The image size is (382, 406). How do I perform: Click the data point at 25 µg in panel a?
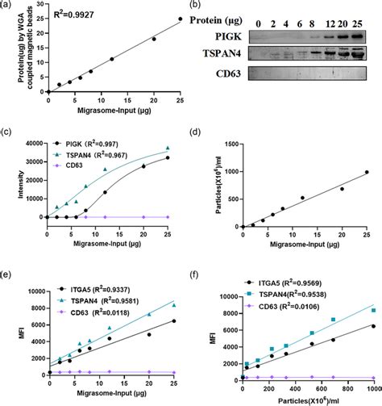pos(180,19)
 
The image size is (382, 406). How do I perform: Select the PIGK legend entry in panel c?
pos(85,141)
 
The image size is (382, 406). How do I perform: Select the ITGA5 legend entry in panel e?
pos(86,286)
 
